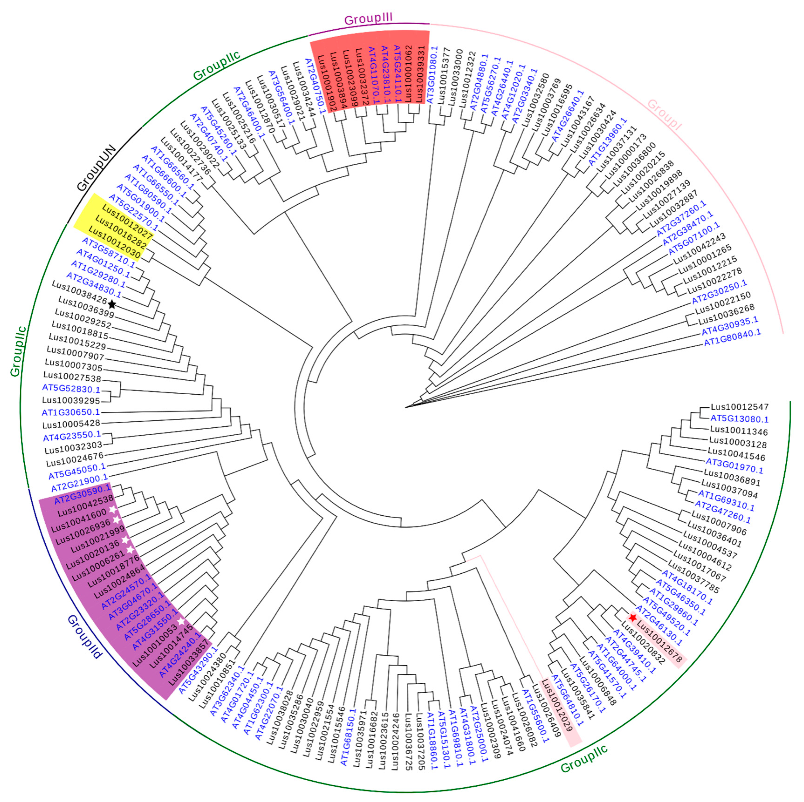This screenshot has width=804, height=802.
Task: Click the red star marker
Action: coord(633,618)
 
